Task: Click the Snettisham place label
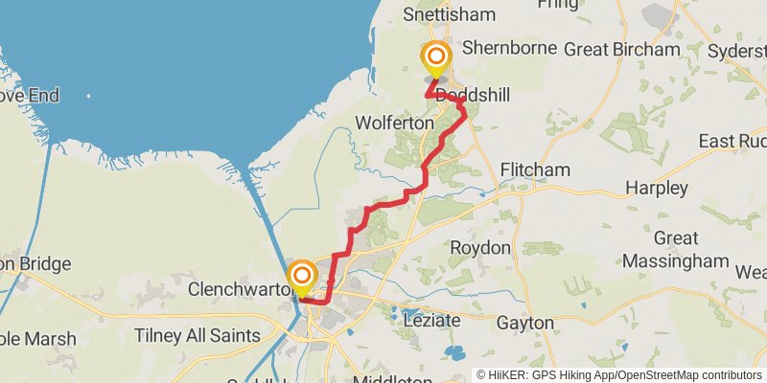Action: click(x=450, y=14)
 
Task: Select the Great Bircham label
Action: click(x=621, y=49)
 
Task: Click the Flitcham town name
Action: click(x=535, y=169)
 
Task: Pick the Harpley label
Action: click(x=657, y=188)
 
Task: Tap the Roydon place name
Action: click(x=480, y=248)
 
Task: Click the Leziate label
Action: click(x=432, y=319)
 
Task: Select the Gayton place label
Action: click(x=525, y=323)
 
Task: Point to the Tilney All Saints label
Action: click(x=197, y=335)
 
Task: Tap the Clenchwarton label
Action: click(x=235, y=288)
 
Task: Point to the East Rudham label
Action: click(x=732, y=142)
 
